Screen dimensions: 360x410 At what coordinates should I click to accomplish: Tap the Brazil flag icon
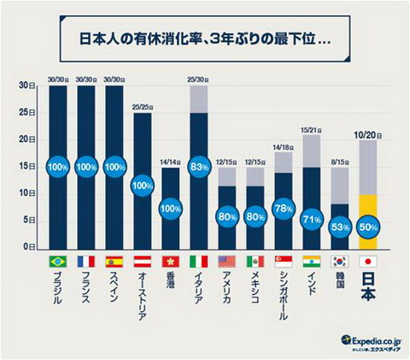point(57,261)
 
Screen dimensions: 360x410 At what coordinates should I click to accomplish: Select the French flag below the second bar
point(85,261)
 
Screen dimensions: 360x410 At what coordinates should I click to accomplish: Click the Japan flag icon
point(368,261)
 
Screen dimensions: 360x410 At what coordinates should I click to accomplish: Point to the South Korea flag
point(340,261)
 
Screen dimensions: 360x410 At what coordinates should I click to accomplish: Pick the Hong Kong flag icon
point(170,261)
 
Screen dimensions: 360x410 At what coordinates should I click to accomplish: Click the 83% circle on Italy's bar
point(198,167)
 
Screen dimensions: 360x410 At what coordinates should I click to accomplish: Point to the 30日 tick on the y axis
point(27,86)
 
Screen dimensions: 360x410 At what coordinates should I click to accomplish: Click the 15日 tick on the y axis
point(27,167)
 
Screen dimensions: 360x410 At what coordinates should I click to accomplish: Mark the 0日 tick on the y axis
point(29,247)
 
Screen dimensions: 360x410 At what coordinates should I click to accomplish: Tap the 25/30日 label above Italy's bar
point(198,79)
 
